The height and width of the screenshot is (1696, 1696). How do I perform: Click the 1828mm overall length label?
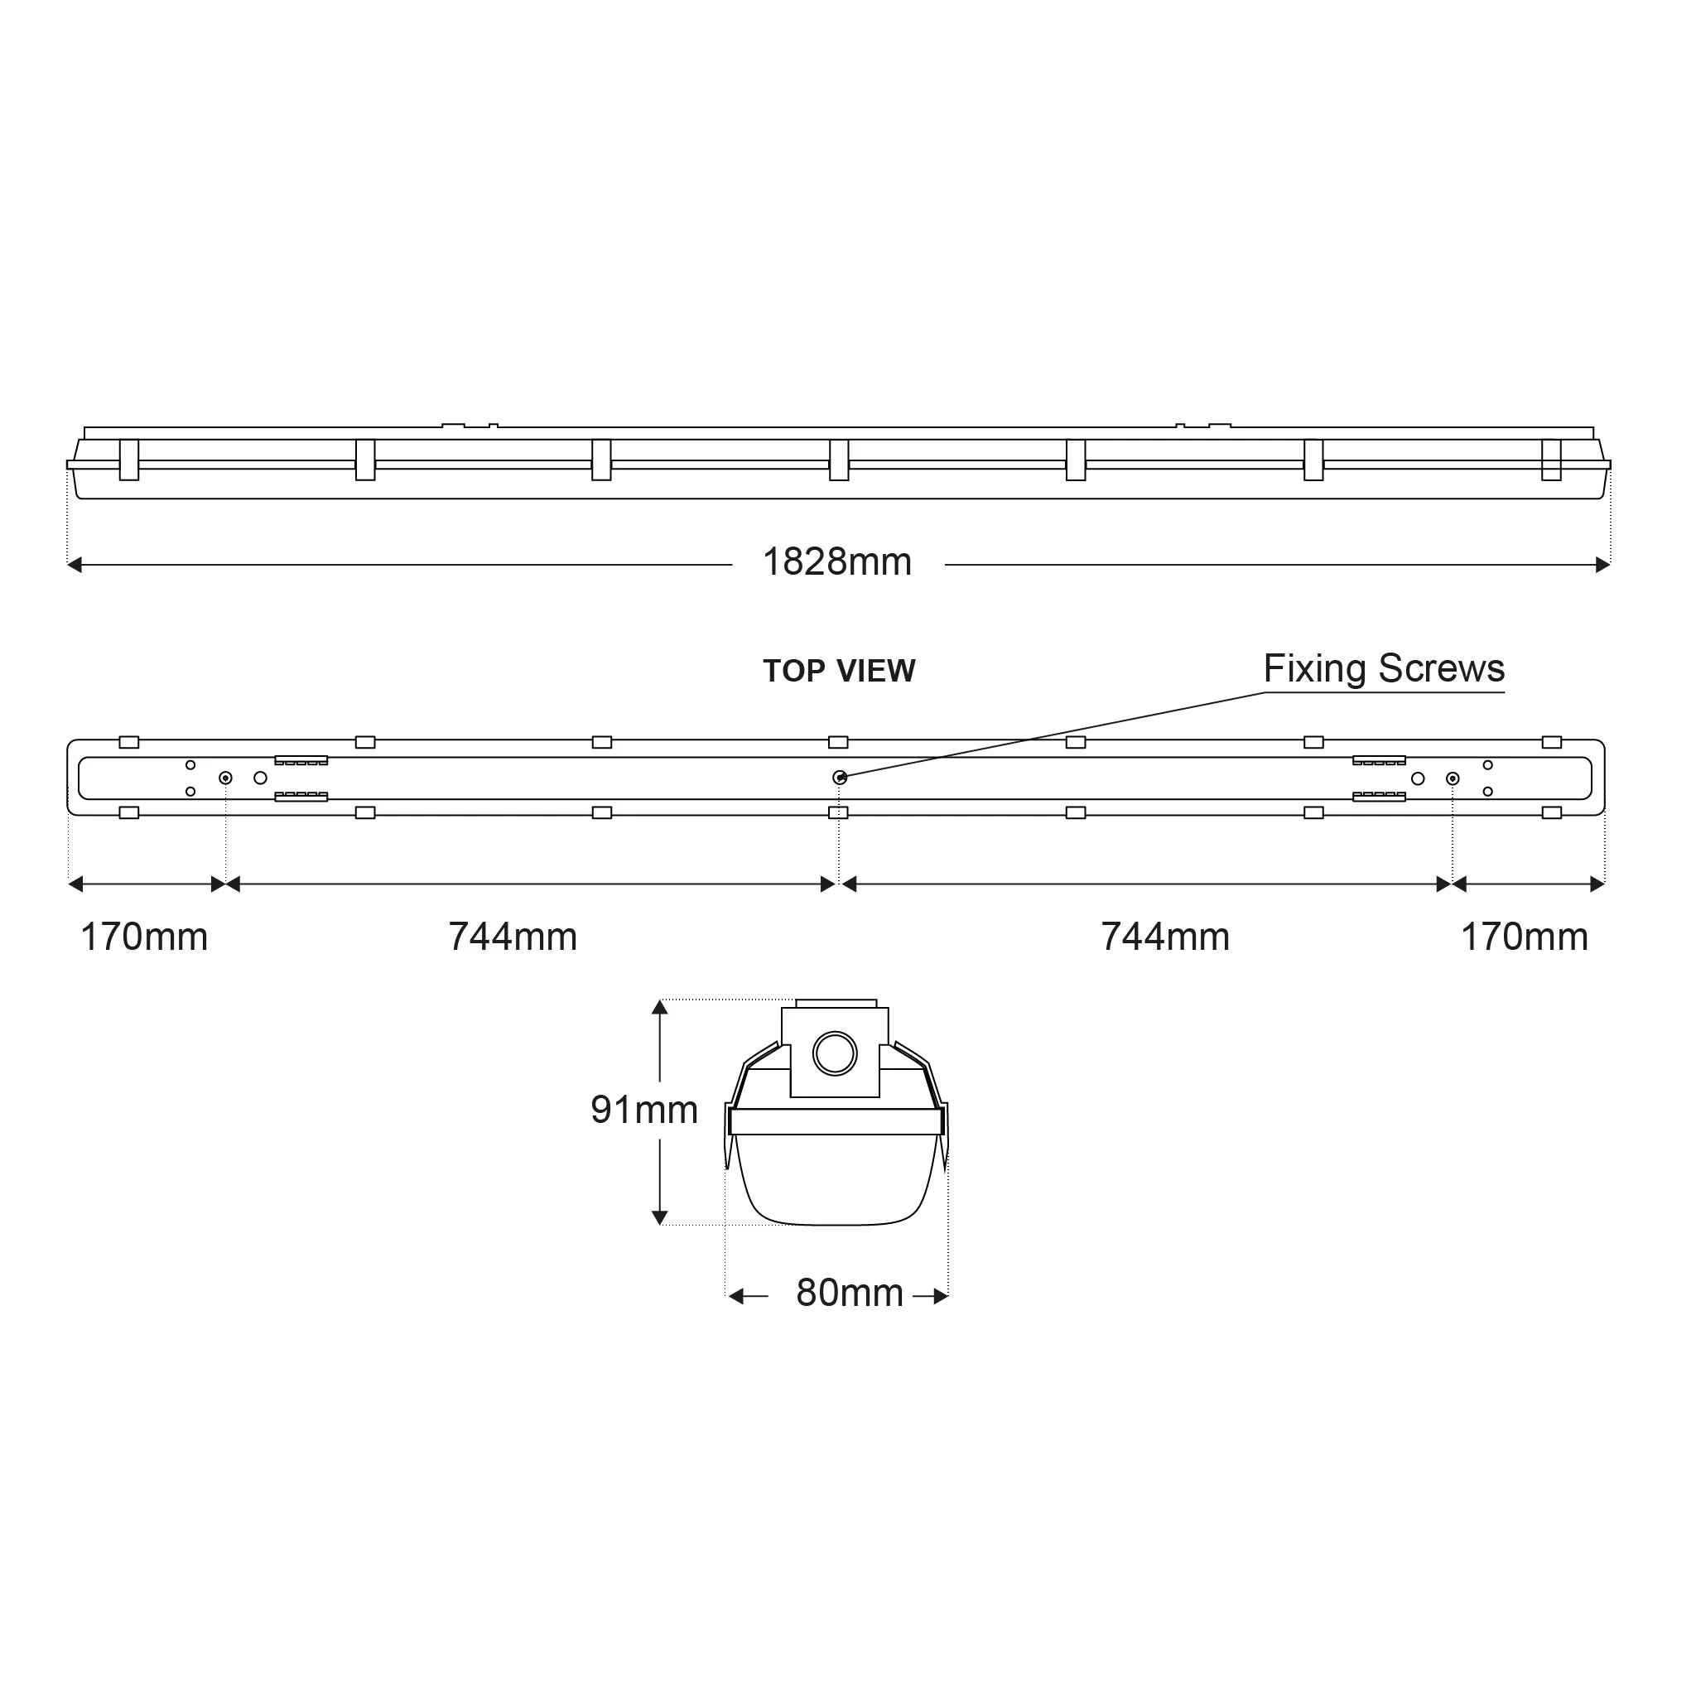coord(836,562)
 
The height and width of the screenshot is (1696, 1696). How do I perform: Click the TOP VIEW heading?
coord(838,672)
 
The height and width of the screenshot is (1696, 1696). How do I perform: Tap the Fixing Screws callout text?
coord(1384,669)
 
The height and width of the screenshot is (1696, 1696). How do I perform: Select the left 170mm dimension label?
coord(144,937)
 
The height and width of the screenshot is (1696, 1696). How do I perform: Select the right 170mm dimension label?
coord(1524,937)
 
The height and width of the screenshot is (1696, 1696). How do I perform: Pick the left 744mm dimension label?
coord(513,937)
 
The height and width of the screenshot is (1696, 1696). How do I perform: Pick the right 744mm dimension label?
coord(1165,937)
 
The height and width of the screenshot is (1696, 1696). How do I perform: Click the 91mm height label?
coord(643,1111)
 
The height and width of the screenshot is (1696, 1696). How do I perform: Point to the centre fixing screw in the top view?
coord(839,778)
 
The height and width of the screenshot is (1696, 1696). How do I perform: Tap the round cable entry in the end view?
coord(834,1054)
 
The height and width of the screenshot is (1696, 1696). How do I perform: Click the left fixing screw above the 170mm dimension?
coord(225,778)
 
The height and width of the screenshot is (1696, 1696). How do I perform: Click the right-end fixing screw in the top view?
coord(1453,778)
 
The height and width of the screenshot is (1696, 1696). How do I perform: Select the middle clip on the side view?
coord(838,460)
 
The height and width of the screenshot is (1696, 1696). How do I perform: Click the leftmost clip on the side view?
coord(129,460)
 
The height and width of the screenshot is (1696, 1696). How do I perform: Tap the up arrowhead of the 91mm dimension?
coord(660,1008)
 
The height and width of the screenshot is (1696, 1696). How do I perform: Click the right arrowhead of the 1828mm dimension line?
coord(1603,566)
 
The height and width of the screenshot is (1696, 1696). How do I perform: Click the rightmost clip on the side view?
coord(1551,460)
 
